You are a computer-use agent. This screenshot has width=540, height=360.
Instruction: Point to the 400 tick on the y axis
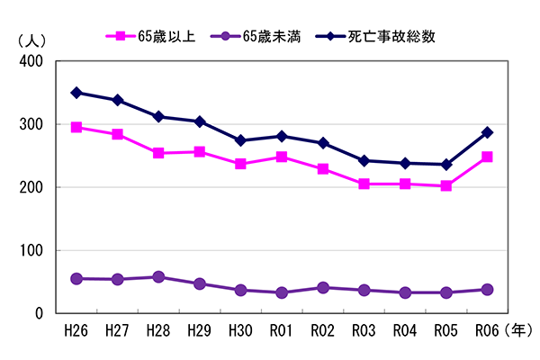[x=31, y=61]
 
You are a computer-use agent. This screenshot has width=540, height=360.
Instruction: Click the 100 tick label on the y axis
[x=31, y=251]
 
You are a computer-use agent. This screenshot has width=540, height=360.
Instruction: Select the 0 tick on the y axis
[x=40, y=314]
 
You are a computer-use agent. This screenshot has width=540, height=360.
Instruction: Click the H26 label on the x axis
[x=76, y=330]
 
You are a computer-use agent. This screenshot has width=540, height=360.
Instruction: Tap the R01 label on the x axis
[x=282, y=330]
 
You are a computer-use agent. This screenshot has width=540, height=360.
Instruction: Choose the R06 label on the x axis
[x=487, y=330]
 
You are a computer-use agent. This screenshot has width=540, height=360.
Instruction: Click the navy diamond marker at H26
[x=76, y=93]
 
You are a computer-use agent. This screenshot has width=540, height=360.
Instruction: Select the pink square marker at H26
[x=76, y=128]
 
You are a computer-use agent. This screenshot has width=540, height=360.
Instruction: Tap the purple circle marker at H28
[x=158, y=277]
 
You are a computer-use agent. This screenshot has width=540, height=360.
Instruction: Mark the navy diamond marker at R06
[x=487, y=132]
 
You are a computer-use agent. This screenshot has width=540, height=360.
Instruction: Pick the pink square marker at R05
[x=445, y=186]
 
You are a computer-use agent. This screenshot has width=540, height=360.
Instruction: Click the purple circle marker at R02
[x=323, y=288]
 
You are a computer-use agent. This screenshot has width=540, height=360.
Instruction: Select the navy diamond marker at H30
[x=240, y=140]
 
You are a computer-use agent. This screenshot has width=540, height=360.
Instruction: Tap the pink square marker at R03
[x=364, y=184]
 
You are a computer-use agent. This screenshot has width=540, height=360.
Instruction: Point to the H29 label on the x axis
[x=200, y=330]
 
